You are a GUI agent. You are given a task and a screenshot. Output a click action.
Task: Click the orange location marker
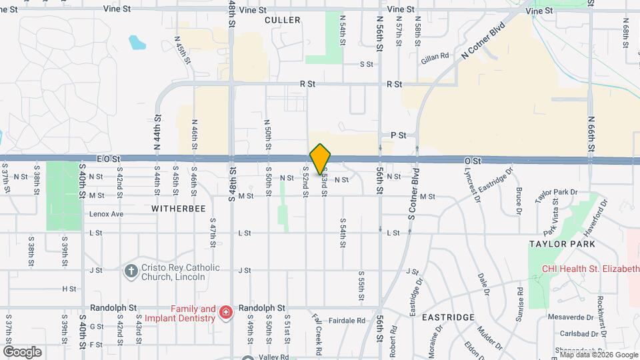coord(321,159)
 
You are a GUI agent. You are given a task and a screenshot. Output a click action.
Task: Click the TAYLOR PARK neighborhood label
coord(557,244)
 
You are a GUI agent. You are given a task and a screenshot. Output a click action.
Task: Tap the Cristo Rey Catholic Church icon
coord(131,271)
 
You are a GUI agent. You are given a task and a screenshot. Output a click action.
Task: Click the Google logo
coord(21,351)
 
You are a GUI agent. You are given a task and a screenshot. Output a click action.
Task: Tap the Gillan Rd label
coord(435,59)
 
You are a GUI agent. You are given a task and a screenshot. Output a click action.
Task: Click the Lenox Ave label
coord(106,214)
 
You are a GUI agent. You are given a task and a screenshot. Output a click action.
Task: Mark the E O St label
coord(107,159)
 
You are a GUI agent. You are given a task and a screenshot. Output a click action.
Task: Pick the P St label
coord(398,135)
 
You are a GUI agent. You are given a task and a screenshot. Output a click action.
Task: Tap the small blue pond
coord(137,43)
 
